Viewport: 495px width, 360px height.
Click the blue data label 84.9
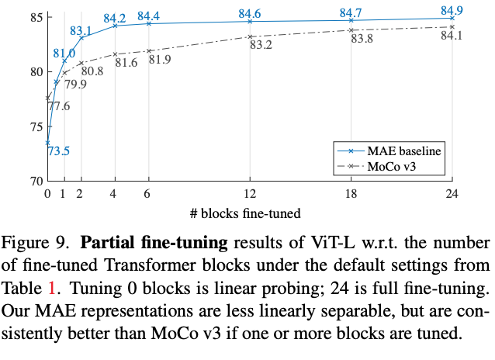point(452,10)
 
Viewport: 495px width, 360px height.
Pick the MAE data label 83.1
point(81,31)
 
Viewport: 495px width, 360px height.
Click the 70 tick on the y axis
point(34,181)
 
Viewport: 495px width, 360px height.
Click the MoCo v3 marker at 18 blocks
point(351,30)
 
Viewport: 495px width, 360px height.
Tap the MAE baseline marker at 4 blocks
point(115,26)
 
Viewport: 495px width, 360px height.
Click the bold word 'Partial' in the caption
point(107,242)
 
